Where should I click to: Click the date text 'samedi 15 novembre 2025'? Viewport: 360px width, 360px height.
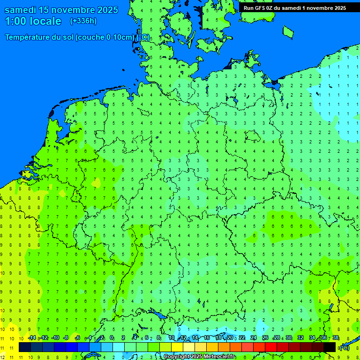[61, 10]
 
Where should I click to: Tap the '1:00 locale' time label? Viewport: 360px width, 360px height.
[33, 21]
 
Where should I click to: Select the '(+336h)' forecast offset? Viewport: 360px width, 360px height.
[83, 21]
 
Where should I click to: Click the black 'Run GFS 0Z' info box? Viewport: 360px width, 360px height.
[294, 7]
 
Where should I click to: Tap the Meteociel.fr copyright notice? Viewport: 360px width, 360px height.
[199, 357]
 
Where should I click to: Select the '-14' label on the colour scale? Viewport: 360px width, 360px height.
[31, 338]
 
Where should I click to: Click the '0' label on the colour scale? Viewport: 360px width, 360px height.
[112, 338]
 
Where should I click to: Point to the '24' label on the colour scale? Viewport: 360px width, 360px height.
[254, 338]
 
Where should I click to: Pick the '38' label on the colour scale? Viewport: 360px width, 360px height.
[335, 338]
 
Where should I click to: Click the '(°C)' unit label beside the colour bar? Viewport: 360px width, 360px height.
[344, 348]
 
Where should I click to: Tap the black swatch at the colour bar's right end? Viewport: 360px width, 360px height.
[330, 347]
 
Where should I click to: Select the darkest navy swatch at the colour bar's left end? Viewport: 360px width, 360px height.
[25, 347]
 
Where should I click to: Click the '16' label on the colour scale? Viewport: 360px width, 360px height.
[207, 338]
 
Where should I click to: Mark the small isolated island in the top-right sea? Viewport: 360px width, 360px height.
[288, 31]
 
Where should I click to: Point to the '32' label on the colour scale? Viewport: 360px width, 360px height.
[300, 338]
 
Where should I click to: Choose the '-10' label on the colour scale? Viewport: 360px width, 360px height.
[55, 338]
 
